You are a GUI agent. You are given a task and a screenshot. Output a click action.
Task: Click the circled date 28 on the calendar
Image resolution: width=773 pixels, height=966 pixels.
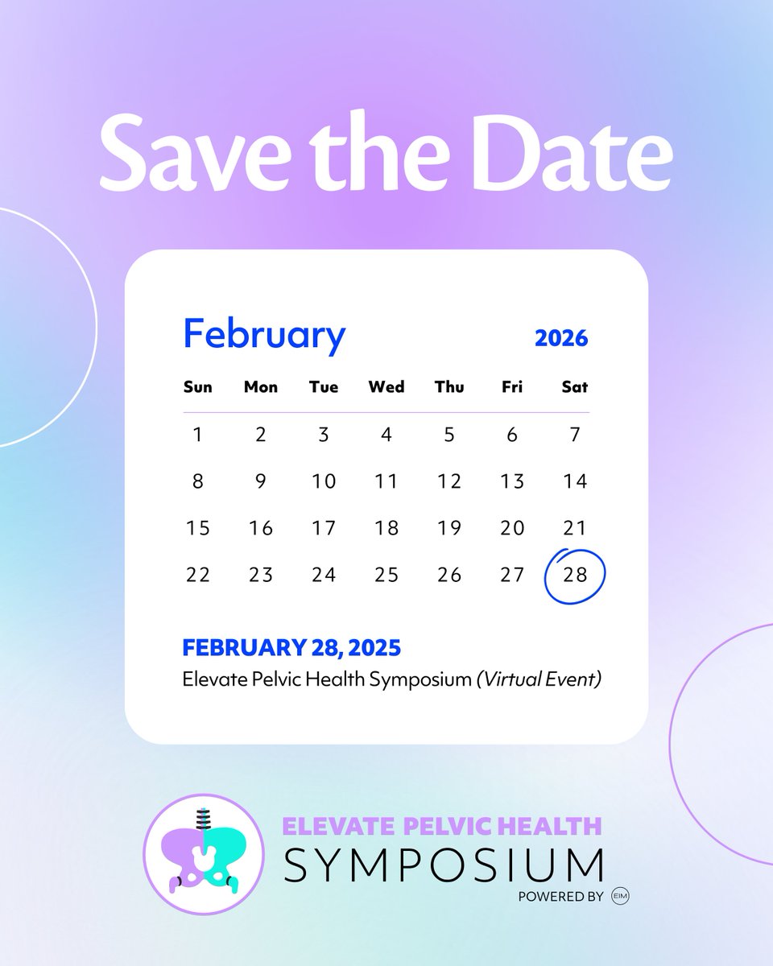click(x=574, y=576)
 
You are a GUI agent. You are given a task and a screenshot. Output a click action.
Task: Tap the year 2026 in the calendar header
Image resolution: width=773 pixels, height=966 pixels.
click(x=561, y=338)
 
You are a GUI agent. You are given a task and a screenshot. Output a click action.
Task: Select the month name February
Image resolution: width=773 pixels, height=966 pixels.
click(x=264, y=335)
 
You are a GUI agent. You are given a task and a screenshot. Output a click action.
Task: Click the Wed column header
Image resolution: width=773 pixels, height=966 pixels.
click(x=386, y=387)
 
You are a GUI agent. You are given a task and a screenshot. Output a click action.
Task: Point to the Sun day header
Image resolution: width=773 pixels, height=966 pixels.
click(x=198, y=387)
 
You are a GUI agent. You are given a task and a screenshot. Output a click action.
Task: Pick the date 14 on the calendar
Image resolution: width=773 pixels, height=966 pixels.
click(x=575, y=481)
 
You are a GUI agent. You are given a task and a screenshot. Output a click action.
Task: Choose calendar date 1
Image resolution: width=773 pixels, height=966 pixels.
click(x=198, y=436)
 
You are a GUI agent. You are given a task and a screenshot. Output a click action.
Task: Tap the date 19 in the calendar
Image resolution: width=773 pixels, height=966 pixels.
click(x=449, y=528)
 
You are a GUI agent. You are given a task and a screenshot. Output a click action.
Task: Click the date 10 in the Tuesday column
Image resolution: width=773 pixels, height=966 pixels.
click(x=324, y=481)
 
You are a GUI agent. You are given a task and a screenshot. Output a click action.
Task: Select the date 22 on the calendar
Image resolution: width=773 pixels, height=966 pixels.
click(x=198, y=575)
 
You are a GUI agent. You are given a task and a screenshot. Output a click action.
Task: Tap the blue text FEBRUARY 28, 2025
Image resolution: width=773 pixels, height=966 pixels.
click(x=291, y=647)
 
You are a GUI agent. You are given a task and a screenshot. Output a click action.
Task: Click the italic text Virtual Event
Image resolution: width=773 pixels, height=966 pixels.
click(x=539, y=679)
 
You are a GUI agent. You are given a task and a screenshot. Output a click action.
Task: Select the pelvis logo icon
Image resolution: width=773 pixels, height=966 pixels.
click(x=204, y=854)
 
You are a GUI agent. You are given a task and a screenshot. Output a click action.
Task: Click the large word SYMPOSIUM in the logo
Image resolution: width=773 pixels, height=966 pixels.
click(x=444, y=865)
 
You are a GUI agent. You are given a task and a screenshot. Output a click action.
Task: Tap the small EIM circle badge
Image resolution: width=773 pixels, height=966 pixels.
click(x=620, y=896)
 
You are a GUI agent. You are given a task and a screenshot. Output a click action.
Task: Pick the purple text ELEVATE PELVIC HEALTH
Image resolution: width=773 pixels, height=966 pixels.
click(x=441, y=826)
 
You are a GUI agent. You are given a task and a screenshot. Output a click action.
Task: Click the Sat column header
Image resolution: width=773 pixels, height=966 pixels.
click(x=575, y=387)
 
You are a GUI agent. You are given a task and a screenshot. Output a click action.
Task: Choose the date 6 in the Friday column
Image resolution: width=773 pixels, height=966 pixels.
click(x=512, y=436)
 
